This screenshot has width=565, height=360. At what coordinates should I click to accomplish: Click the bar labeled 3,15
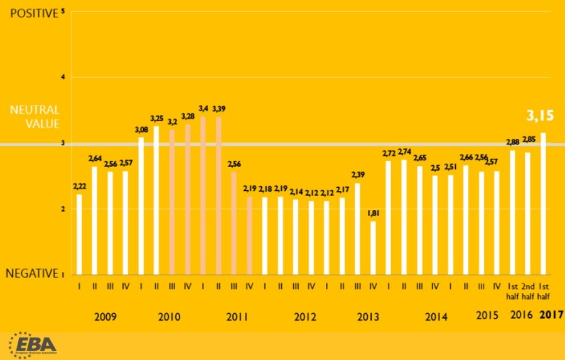(x=542, y=204)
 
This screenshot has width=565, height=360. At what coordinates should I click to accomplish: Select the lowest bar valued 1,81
(x=373, y=248)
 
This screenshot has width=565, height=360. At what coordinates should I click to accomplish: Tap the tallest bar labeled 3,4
(x=203, y=195)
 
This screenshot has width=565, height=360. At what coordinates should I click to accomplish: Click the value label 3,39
(x=218, y=109)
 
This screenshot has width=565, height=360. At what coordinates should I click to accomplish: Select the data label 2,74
(x=404, y=152)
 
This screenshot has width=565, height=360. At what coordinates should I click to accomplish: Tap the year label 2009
(x=105, y=316)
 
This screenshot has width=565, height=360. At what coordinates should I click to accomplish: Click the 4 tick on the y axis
(x=63, y=77)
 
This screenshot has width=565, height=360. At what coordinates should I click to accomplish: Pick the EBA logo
(x=33, y=344)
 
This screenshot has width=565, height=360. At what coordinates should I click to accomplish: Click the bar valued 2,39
(x=358, y=229)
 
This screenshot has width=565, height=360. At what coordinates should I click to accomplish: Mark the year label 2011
(x=237, y=316)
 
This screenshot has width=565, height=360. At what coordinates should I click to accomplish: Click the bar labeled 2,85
(x=527, y=213)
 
